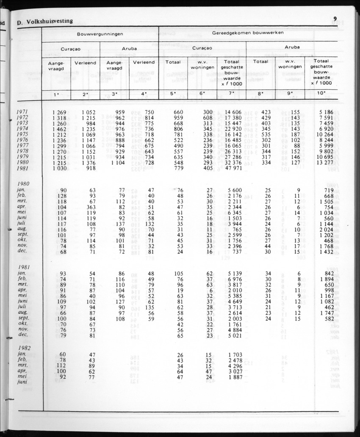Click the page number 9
pyautogui.click(x=335, y=18)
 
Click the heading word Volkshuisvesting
pyautogui.click(x=49, y=21)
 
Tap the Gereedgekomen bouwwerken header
pyautogui.click(x=247, y=32)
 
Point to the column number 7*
pyautogui.click(x=231, y=94)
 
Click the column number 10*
pyautogui.click(x=321, y=94)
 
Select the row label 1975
pyautogui.click(x=22, y=134)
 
